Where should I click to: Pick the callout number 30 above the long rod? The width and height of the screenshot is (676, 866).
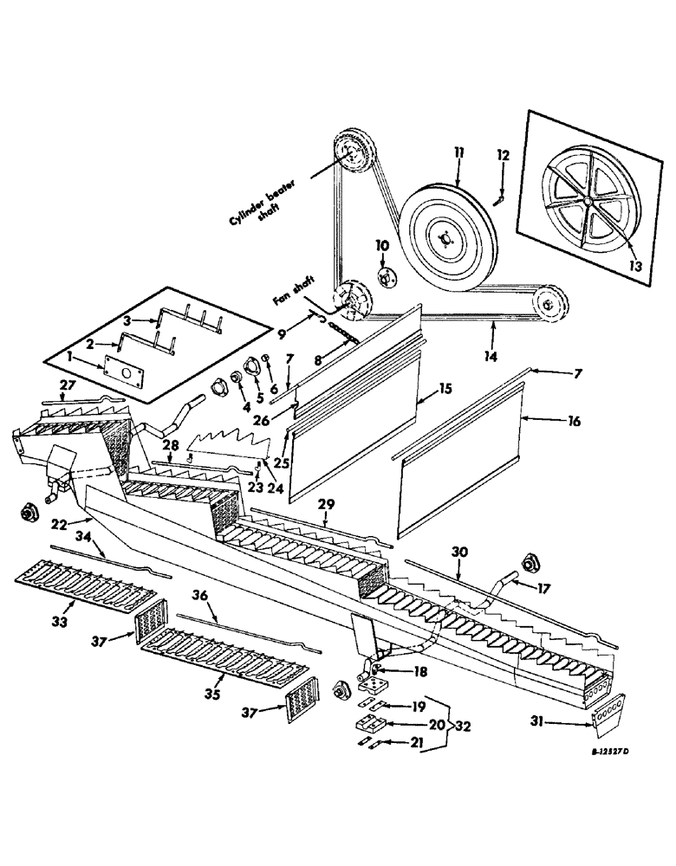(x=459, y=551)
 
